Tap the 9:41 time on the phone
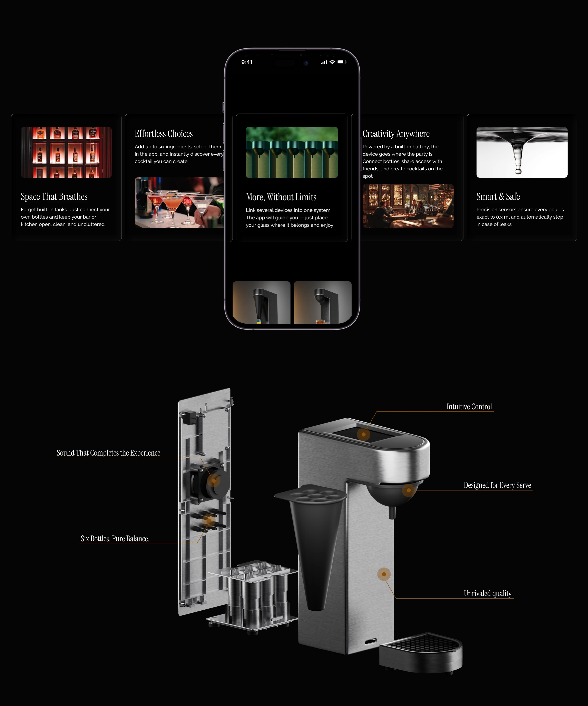coord(247,62)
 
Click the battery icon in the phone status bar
coord(342,62)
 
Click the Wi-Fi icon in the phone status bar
coord(332,62)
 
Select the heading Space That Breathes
coord(54,197)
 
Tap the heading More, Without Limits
coord(281,197)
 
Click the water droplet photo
coord(522,152)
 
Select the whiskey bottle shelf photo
coord(66,152)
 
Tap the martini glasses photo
coord(179,203)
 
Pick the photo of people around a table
coord(408,206)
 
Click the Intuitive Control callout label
coord(469,407)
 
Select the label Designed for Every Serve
coord(497,485)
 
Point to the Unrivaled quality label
coord(488,593)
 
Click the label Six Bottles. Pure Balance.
coord(115,538)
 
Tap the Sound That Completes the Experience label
coord(108,453)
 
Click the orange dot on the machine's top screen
coord(363,434)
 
